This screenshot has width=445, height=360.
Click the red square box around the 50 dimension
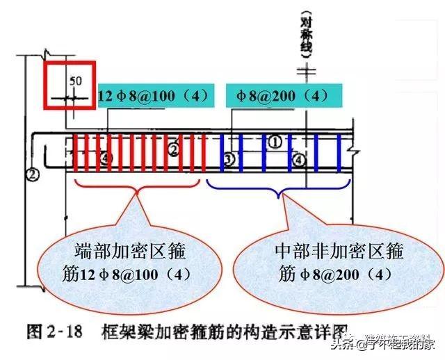tap(70, 85)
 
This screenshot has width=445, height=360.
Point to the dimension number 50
tap(76, 81)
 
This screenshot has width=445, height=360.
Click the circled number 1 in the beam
tap(275, 142)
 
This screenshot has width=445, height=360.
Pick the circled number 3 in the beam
tap(229, 159)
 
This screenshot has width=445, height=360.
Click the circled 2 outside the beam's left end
tap(31, 174)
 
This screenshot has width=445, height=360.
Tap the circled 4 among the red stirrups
tap(106, 159)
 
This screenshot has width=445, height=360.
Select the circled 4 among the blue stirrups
tap(298, 160)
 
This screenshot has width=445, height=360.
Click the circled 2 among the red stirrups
tap(173, 148)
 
